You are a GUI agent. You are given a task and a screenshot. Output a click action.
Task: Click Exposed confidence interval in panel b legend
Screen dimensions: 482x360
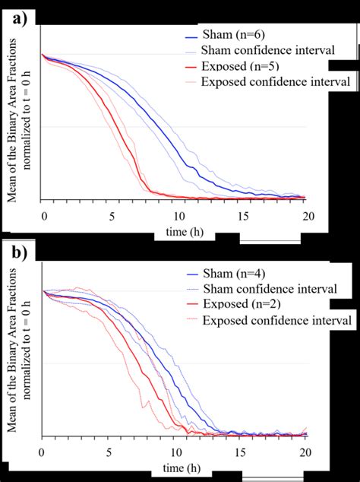point(276,321)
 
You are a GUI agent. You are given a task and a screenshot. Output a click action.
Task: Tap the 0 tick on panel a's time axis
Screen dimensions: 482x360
point(44,216)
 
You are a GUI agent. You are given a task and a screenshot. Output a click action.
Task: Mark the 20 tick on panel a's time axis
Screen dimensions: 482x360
point(308,216)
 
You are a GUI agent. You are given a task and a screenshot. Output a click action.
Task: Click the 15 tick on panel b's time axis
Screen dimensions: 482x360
point(242,452)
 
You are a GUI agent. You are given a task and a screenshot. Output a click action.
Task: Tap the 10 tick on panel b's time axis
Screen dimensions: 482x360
point(175,452)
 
